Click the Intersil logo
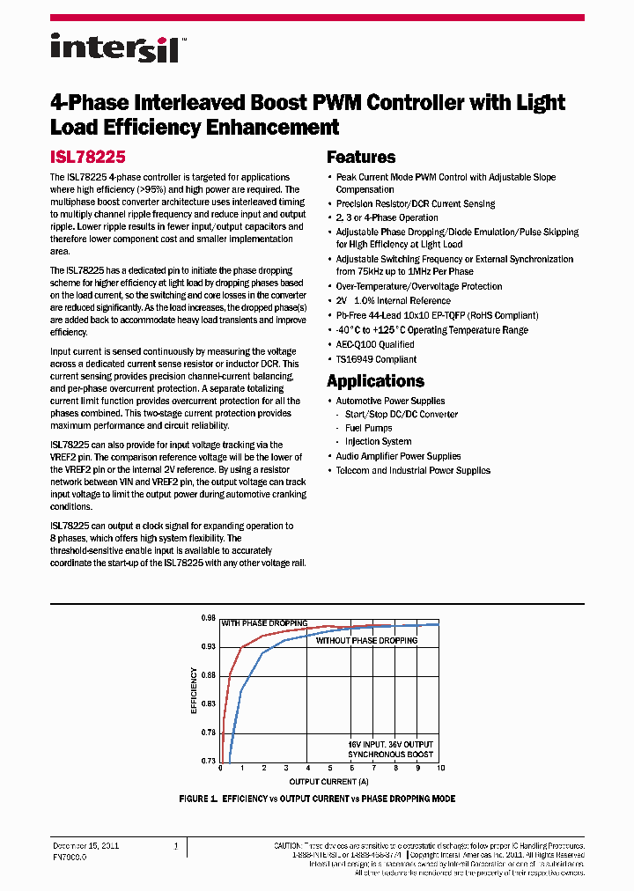(x=114, y=47)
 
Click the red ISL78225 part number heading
(x=87, y=157)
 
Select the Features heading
(x=361, y=158)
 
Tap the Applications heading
(x=375, y=381)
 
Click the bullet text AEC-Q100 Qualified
(x=374, y=344)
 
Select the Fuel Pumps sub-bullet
(x=368, y=428)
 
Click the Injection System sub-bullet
(x=378, y=442)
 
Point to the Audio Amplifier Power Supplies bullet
(x=398, y=456)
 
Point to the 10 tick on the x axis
(x=439, y=769)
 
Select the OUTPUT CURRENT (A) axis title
(x=330, y=781)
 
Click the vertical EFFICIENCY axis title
(x=195, y=689)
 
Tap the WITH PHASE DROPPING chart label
(x=264, y=623)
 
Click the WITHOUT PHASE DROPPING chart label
(x=367, y=640)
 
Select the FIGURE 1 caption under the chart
(x=317, y=799)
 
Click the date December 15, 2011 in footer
(x=86, y=845)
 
